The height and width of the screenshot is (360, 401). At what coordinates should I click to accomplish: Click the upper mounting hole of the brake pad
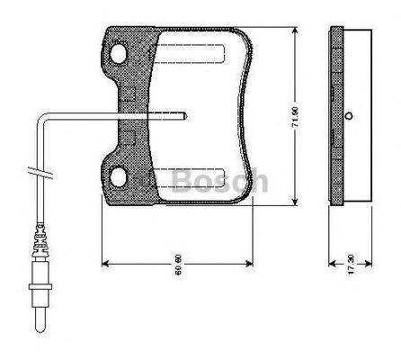118,55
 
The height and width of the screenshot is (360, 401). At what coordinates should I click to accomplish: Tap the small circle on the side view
346,114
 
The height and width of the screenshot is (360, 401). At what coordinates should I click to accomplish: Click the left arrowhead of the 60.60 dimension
106,264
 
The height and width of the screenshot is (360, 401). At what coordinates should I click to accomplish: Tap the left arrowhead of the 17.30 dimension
332,264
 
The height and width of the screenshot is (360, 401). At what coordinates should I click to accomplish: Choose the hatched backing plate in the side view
334,114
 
